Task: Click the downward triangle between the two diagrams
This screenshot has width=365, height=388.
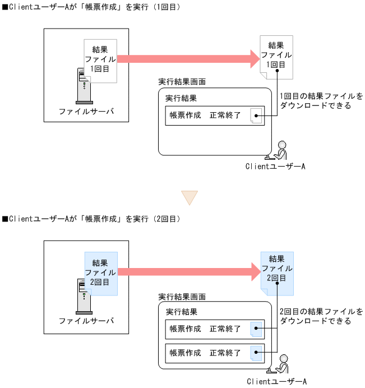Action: click(x=189, y=197)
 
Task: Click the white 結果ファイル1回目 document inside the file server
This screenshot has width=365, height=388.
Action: click(x=100, y=59)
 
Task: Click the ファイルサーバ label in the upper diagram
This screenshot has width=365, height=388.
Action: click(x=86, y=111)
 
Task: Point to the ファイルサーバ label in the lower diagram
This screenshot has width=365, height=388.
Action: click(x=86, y=321)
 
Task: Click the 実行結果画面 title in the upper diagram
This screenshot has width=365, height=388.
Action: click(x=182, y=82)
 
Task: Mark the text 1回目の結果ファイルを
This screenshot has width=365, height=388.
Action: click(x=321, y=96)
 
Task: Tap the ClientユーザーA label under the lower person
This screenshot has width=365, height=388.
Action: click(x=276, y=381)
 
